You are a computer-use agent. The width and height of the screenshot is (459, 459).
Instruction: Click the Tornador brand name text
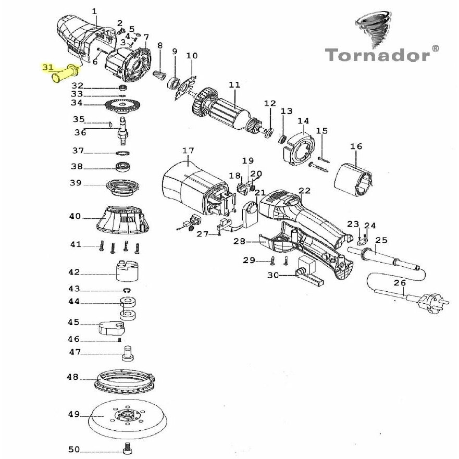[x=377, y=54]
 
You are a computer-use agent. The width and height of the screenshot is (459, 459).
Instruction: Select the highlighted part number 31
[x=48, y=67]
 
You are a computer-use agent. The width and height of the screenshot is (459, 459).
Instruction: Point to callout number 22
[x=305, y=191]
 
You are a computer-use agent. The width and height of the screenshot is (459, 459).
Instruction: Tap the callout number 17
[x=188, y=151]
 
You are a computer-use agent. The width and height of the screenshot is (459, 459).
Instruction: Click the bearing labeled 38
[x=123, y=167]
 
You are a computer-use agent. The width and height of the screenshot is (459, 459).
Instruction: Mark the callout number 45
[x=73, y=322]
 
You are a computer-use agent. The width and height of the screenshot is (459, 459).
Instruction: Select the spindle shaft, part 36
[x=123, y=130]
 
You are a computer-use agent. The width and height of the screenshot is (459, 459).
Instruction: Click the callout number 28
[x=239, y=241]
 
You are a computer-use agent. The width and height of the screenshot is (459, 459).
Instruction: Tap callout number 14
[x=303, y=121]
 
